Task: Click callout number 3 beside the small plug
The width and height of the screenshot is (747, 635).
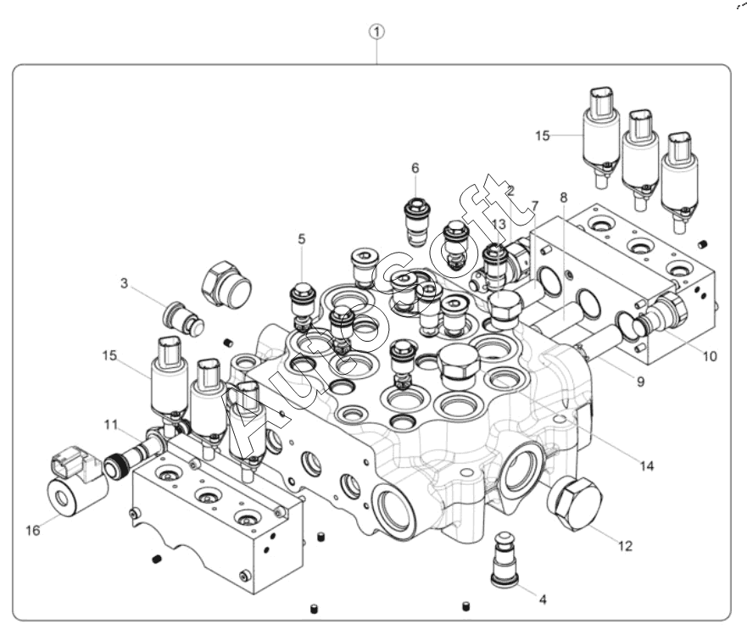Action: coord(124,283)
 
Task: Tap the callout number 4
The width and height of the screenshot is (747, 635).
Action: coord(543,599)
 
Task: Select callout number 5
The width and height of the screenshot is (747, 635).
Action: coord(301,239)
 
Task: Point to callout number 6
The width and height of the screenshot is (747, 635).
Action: coord(415,168)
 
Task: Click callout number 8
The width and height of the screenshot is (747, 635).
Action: coord(563,197)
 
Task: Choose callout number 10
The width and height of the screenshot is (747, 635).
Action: coord(709,356)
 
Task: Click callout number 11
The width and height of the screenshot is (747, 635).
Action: coord(112,424)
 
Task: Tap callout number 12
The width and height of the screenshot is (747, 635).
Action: coord(624,546)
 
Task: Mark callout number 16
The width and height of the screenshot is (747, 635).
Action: coord(32,531)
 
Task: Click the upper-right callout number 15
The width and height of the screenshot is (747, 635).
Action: coord(544,134)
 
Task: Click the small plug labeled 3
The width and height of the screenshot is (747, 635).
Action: coord(183,317)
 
